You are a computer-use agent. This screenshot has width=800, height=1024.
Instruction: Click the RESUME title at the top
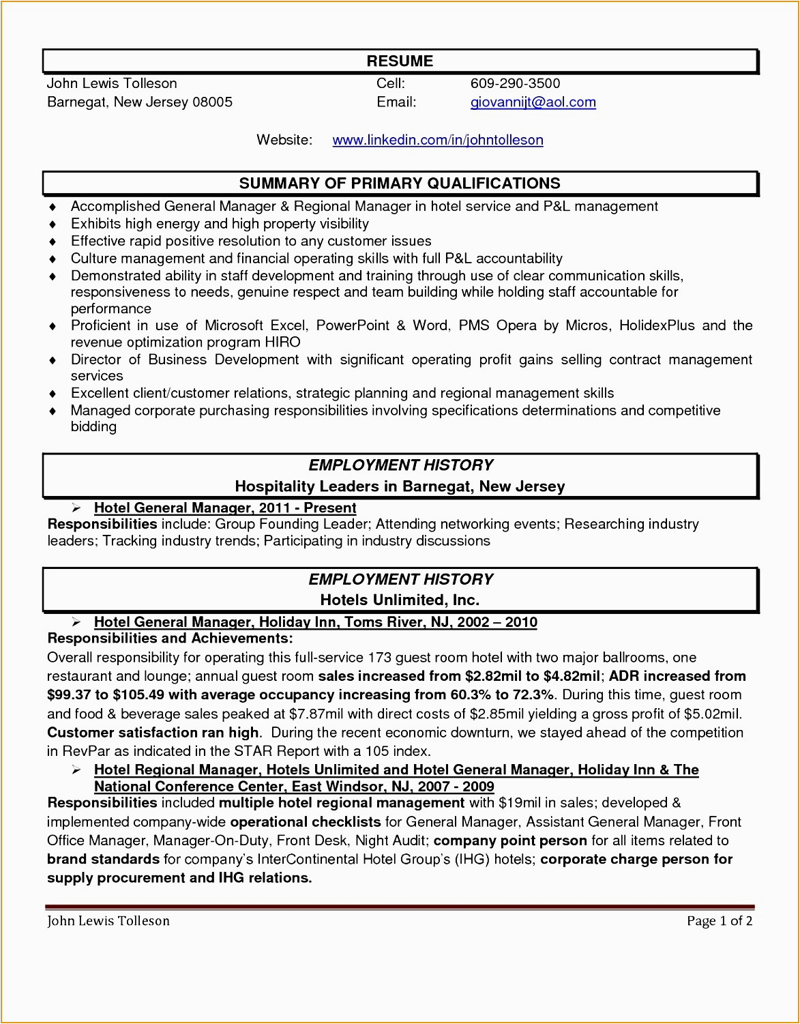(400, 61)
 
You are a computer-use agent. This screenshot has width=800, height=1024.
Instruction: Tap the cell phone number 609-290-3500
(515, 84)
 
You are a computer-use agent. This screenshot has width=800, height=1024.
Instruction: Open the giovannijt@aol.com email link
(533, 102)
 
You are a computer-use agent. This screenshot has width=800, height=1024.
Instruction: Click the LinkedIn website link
(437, 140)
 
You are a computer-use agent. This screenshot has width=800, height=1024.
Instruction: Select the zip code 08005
(212, 102)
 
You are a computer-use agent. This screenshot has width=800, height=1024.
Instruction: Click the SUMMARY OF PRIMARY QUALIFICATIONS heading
(400, 184)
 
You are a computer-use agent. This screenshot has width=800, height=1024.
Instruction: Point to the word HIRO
(283, 342)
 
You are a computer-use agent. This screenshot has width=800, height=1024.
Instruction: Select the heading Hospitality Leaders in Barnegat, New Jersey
(400, 486)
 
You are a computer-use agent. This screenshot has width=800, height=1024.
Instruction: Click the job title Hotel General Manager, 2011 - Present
(225, 508)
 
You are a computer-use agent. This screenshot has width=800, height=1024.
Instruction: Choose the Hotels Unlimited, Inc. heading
(400, 600)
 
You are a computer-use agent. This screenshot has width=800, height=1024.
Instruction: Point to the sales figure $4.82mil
(572, 677)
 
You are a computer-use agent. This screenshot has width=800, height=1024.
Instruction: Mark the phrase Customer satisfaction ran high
(153, 733)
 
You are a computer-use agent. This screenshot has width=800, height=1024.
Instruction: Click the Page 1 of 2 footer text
(720, 922)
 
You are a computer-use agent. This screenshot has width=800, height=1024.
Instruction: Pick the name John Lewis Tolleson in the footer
(108, 922)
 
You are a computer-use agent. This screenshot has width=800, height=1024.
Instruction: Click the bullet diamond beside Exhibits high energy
(53, 224)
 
